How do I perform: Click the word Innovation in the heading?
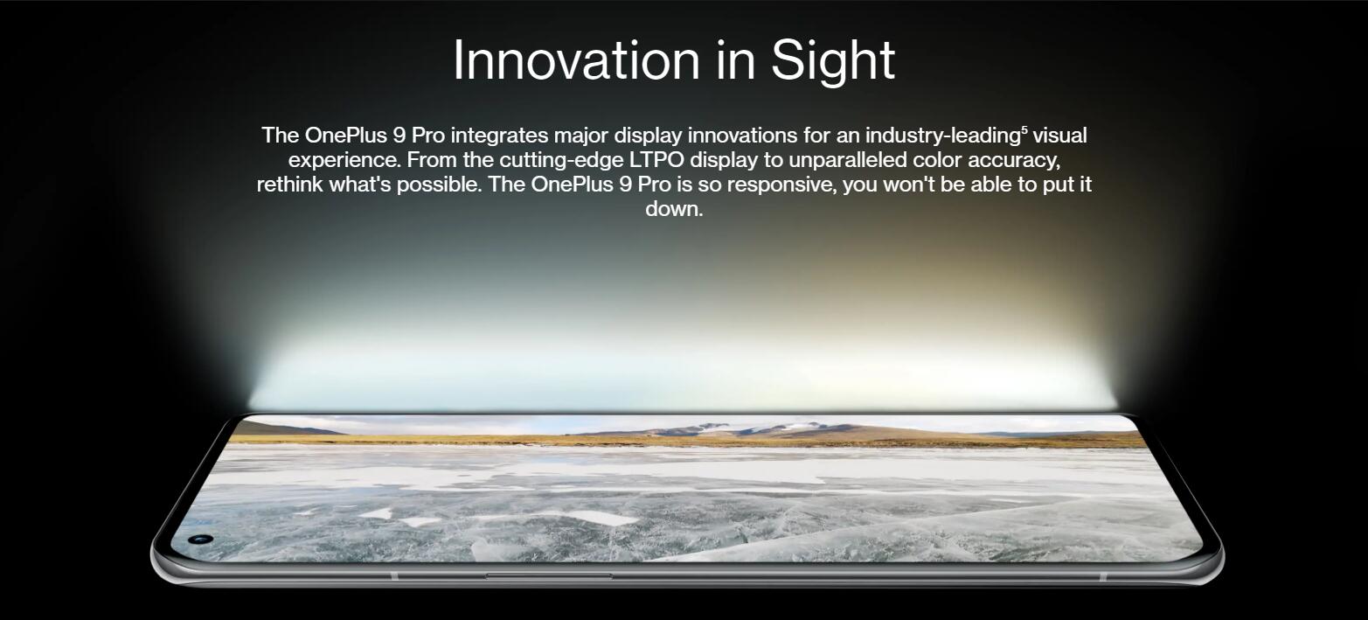(x=576, y=59)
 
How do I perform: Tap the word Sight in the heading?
(x=833, y=61)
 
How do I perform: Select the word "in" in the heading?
(x=735, y=59)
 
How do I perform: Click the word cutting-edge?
(x=562, y=161)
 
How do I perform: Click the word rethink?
(x=289, y=185)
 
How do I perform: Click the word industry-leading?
(x=943, y=136)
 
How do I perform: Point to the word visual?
(x=1059, y=135)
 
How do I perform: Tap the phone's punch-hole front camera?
(x=200, y=540)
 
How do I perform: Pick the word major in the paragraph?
(x=580, y=136)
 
